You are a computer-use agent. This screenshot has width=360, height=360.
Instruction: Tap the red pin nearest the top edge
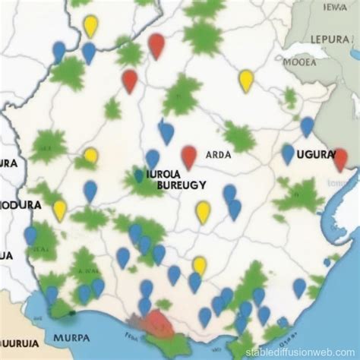[x=156, y=46]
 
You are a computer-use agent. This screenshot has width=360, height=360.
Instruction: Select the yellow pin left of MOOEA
[x=246, y=80]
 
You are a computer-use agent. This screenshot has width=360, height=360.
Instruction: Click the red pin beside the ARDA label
[x=189, y=156]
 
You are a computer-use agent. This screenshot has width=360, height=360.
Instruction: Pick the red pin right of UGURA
[x=340, y=159]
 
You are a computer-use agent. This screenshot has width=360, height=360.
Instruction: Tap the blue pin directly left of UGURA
[x=288, y=153]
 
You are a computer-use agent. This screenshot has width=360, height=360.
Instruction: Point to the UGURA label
[x=314, y=154]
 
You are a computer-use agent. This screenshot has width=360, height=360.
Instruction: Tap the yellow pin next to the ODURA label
[x=60, y=210]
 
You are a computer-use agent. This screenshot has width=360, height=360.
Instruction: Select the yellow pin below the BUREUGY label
[x=203, y=211]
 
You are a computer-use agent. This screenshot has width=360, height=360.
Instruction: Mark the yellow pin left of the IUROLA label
[x=91, y=156]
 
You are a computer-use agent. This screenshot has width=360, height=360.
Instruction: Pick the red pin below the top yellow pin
[x=130, y=80]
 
